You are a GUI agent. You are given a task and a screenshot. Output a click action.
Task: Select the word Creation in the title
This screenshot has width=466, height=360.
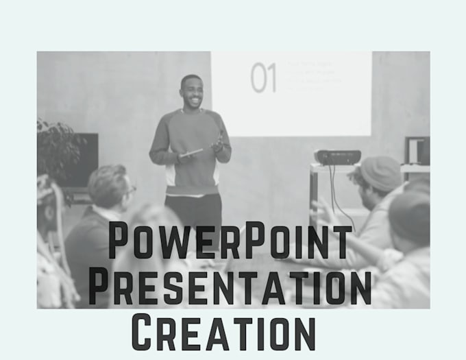click(223, 333)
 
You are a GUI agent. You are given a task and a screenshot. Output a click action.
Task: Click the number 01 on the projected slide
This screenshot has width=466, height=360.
click(262, 77)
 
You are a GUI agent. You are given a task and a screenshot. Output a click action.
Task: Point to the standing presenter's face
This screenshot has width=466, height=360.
click(192, 93)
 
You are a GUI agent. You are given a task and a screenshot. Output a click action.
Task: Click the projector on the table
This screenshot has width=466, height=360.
click(337, 157)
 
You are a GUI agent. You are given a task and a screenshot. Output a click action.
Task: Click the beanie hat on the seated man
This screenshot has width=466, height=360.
click(380, 172)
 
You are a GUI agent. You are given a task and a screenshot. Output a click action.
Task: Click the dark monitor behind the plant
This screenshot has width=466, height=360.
click(86, 158)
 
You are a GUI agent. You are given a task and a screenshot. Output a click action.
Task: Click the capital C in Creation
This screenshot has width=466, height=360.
click(142, 332)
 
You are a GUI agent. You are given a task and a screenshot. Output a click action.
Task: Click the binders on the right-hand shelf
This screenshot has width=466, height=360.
click(416, 150)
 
